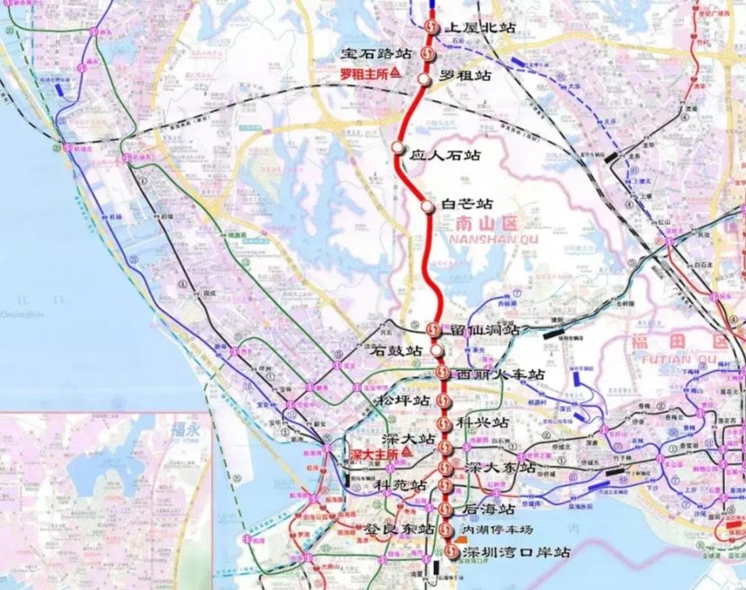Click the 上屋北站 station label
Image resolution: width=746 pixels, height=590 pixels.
tap(479, 28)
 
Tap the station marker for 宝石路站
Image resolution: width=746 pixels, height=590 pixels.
tap(428, 54)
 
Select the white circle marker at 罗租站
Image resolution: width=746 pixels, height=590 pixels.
tap(424, 79)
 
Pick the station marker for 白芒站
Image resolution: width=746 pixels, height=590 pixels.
tap(428, 207)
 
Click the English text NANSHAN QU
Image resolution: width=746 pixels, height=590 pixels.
tap(483, 238)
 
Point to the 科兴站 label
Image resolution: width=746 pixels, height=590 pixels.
tap(483, 423)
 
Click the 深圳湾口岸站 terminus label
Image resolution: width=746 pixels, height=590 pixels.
tap(515, 553)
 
